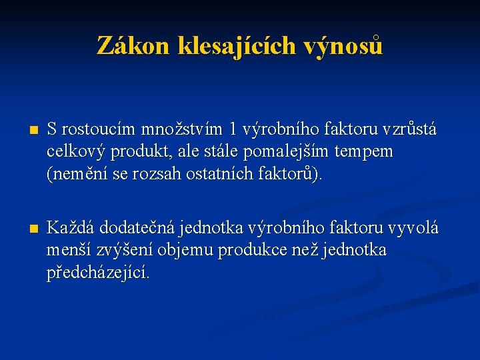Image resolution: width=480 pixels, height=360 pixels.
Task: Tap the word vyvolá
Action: pyautogui.click(x=413, y=227)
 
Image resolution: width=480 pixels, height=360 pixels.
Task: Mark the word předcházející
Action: pyautogui.click(x=99, y=273)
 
